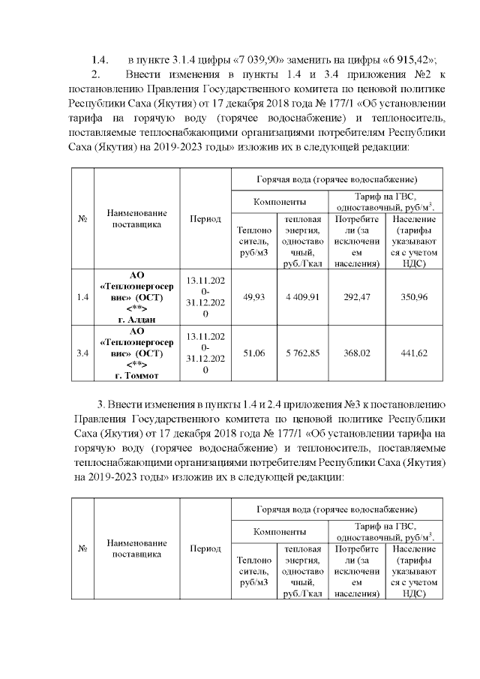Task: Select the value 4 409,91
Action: [x=301, y=297]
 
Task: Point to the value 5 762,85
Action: [x=301, y=353]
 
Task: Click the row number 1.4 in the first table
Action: [x=82, y=297]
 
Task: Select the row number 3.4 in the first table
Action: [x=82, y=353]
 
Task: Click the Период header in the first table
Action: [x=205, y=219]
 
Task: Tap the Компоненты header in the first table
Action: [x=279, y=203]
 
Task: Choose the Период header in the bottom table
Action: [x=205, y=548]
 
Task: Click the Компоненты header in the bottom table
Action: [x=279, y=532]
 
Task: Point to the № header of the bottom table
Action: [x=82, y=548]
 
